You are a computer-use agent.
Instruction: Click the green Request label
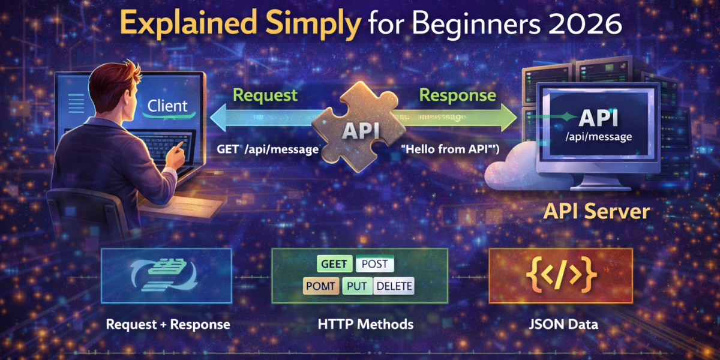pyautogui.click(x=265, y=95)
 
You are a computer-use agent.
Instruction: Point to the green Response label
pyautogui.click(x=457, y=95)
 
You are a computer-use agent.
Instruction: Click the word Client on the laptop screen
pyautogui.click(x=167, y=106)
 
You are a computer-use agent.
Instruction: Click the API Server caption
pyautogui.click(x=596, y=211)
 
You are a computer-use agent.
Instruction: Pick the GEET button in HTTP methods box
pyautogui.click(x=334, y=265)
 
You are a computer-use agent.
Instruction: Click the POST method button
pyautogui.click(x=374, y=265)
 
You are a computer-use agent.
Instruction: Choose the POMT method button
pyautogui.click(x=322, y=286)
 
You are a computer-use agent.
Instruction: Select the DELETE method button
pyautogui.click(x=394, y=286)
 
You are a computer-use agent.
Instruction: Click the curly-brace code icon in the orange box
pyautogui.click(x=561, y=275)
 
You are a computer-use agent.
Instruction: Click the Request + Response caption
pyautogui.click(x=168, y=325)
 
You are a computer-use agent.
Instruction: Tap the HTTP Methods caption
pyautogui.click(x=365, y=325)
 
